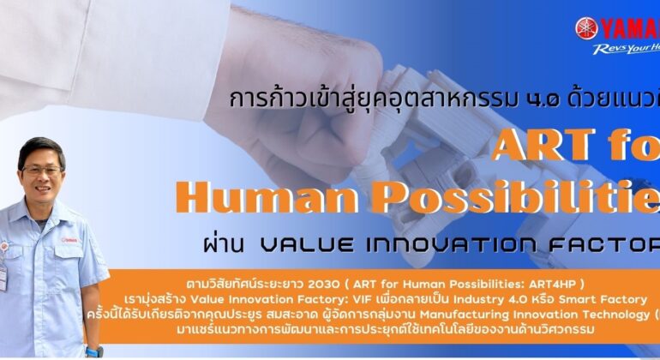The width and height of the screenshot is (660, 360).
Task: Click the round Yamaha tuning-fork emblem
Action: [x=586, y=28]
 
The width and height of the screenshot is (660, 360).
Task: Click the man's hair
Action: [x=40, y=147]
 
